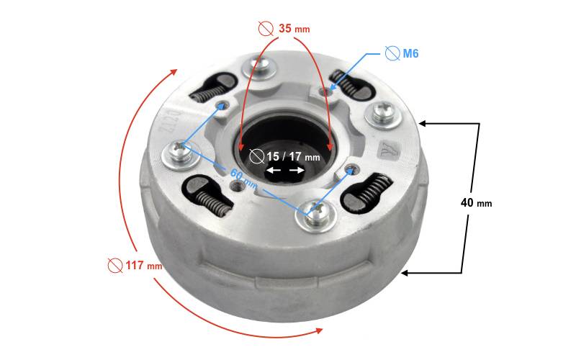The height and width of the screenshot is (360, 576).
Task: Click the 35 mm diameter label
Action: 294,28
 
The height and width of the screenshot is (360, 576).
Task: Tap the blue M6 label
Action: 410,53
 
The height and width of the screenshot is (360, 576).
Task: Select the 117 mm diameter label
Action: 143,265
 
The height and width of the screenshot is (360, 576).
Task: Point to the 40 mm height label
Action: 476,203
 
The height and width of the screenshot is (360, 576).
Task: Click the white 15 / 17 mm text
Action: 293,157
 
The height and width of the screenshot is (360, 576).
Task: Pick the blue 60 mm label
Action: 243,178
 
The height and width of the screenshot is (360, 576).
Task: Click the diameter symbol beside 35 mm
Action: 266,28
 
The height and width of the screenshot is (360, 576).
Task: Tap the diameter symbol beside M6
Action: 392,53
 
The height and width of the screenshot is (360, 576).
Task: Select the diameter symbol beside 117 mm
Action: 115,265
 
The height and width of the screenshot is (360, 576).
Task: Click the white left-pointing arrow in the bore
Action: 274,171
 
